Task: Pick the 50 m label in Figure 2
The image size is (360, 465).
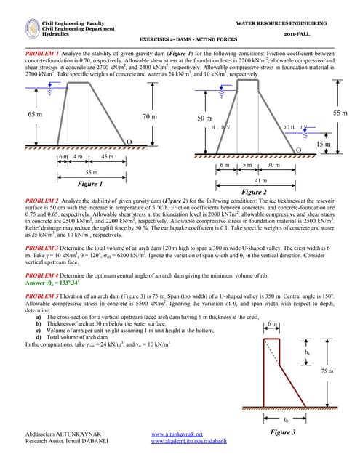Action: pos(205,118)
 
